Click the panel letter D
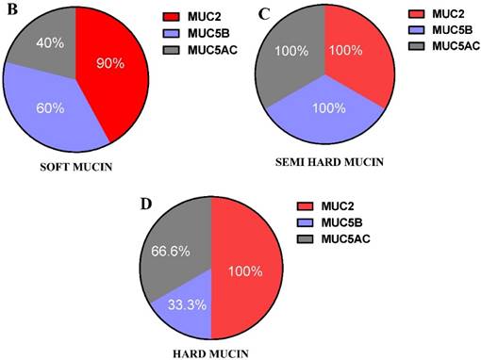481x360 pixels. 144,203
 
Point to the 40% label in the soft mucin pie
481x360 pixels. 51,42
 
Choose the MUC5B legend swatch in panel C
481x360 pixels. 416,31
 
